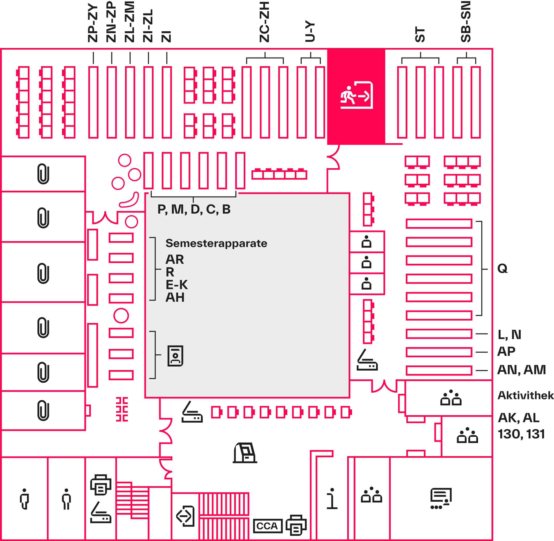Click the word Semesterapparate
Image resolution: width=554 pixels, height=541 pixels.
[216, 243]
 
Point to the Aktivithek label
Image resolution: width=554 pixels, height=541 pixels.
[525, 395]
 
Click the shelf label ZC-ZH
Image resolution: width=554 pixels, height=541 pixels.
[264, 22]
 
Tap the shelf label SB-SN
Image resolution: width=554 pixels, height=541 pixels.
[466, 22]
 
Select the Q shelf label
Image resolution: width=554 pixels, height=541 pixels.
[502, 268]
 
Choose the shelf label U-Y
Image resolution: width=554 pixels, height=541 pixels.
[310, 31]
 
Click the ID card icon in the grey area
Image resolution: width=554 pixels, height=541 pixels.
[175, 356]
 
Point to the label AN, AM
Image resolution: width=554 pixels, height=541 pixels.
[521, 370]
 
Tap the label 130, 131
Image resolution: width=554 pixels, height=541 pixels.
[521, 434]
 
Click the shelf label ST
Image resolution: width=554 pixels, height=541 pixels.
[420, 34]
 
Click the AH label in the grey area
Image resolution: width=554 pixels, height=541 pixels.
[175, 298]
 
